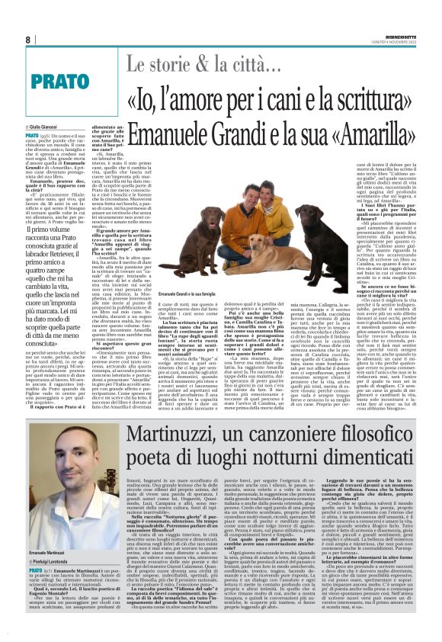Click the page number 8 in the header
coord(28,40)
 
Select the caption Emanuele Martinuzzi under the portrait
coord(49,551)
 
